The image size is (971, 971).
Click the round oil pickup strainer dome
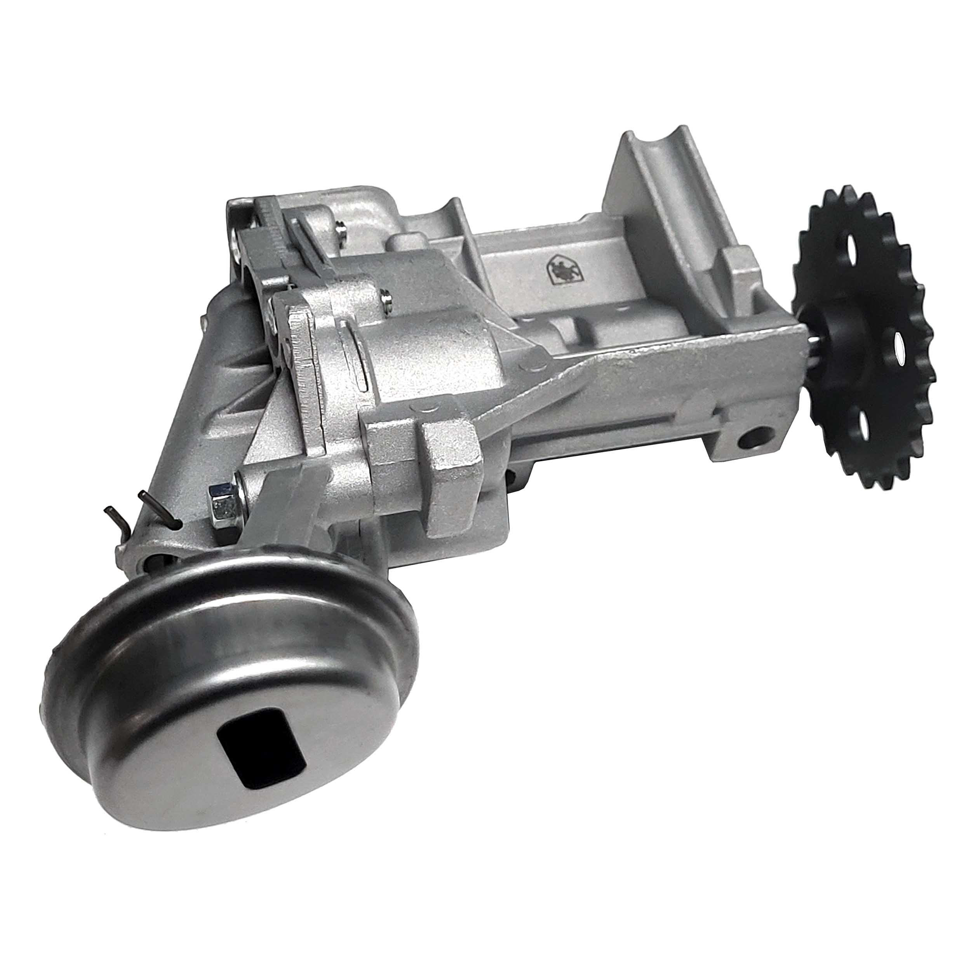tap(226, 694)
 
